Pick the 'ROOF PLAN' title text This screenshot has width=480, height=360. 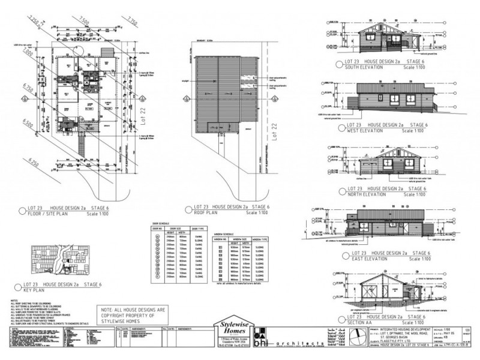pyautogui.click(x=208, y=211)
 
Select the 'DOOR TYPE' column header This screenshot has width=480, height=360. pyautogui.click(x=198, y=228)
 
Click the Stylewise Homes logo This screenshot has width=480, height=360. pyautogui.click(x=235, y=326)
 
